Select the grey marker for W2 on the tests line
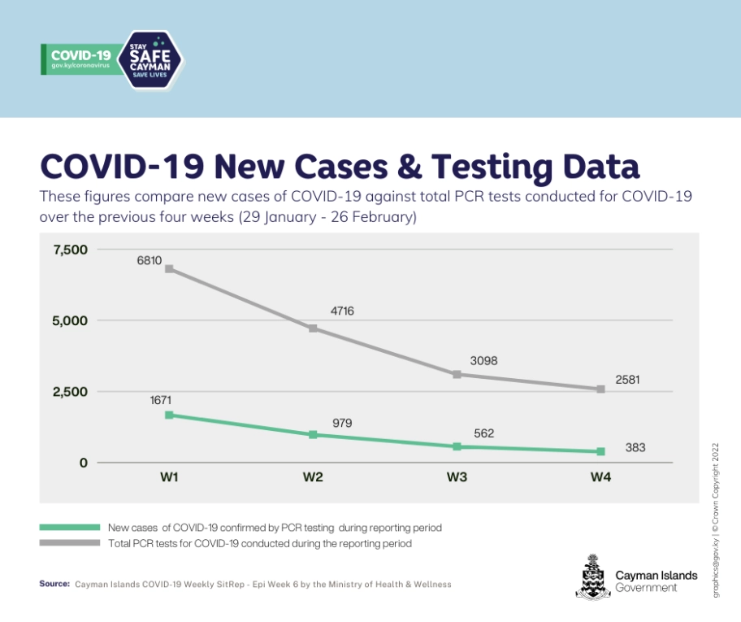pos(313,328)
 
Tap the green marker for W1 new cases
pos(169,415)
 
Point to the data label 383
pos(635,447)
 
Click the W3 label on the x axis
pos(457,477)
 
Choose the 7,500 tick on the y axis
pos(70,250)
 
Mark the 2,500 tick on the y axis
pos(70,392)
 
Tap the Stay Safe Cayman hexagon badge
pos(152,59)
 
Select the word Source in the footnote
pos(54,584)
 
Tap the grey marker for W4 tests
pos(600,389)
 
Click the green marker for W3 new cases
pos(457,446)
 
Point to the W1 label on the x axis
pos(169,477)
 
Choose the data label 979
pos(342,423)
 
